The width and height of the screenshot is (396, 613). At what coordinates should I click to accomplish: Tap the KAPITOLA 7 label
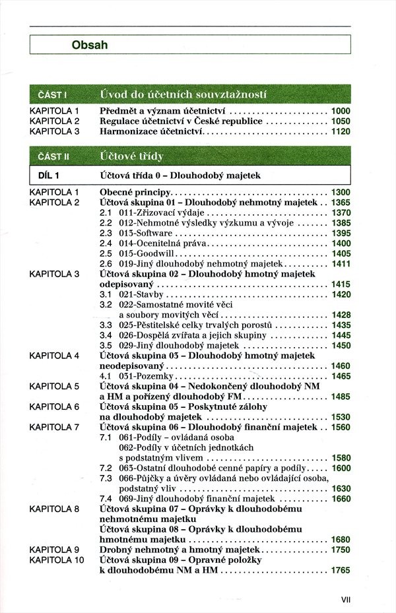54,427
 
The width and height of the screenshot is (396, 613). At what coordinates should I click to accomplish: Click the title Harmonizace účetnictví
151,132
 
